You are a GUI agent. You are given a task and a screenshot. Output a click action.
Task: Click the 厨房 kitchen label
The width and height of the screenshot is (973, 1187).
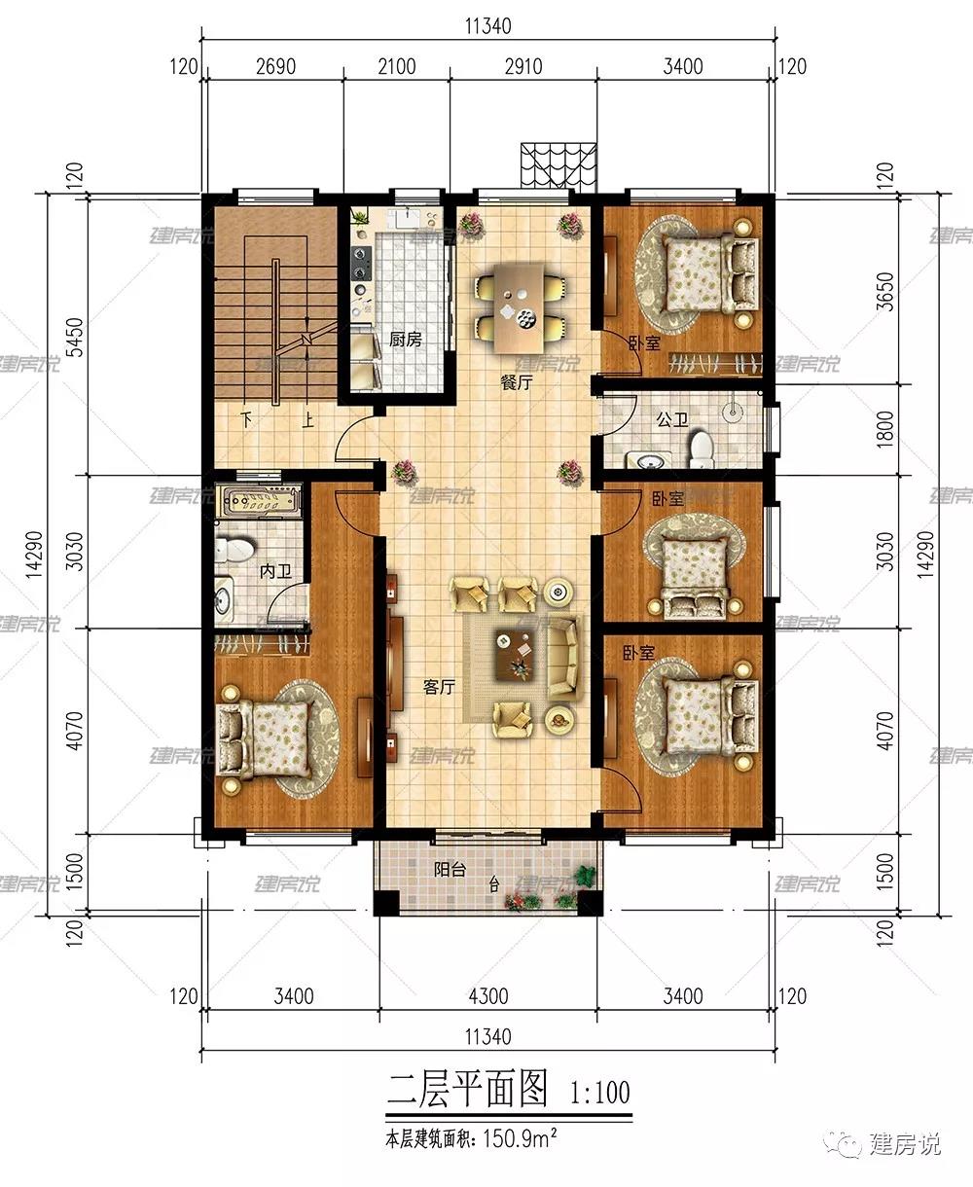[x=405, y=340]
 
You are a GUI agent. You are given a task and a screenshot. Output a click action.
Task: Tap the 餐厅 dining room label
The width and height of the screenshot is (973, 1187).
[x=517, y=382]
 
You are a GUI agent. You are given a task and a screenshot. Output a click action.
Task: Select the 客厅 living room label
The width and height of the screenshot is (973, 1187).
[x=439, y=687]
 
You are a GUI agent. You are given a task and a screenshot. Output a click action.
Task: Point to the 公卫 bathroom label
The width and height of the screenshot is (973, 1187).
[x=672, y=419]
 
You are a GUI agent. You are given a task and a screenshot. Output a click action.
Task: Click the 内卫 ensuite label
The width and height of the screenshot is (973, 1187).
[x=275, y=571]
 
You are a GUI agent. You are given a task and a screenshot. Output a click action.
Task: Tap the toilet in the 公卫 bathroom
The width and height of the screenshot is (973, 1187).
[x=702, y=450]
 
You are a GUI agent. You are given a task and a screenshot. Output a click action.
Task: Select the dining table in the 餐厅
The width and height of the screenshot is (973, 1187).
[x=520, y=306]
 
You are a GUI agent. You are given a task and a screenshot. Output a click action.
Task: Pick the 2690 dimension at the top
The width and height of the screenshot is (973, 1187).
[x=275, y=67]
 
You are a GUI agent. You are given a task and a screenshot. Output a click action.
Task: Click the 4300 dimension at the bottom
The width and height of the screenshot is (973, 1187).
[x=487, y=996]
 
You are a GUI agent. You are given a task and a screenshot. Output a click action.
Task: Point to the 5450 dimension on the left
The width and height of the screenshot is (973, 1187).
[x=74, y=338]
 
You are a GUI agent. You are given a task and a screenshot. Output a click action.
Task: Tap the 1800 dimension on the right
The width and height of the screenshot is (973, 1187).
[x=884, y=429]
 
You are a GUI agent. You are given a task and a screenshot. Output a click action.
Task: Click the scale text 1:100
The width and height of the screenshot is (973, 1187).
[x=600, y=1093]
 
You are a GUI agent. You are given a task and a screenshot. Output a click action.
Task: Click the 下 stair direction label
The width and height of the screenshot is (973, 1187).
[x=246, y=419]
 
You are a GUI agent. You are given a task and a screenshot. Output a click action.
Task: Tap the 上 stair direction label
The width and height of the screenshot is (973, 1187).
[x=307, y=419]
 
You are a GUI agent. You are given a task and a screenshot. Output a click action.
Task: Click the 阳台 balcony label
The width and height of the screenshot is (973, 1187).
[x=450, y=870]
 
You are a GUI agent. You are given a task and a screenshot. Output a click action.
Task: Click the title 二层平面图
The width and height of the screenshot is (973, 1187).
[x=468, y=1090]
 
